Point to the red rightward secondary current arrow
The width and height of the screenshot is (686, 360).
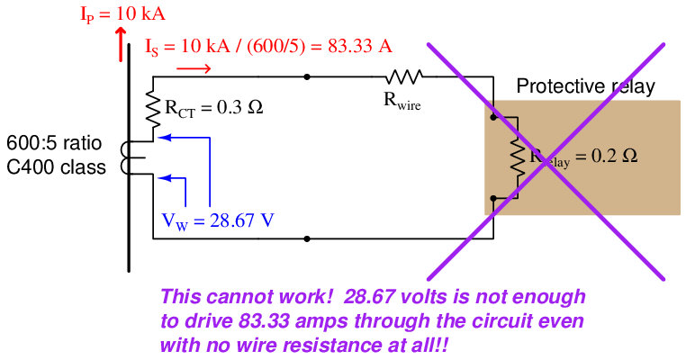(x=194, y=67)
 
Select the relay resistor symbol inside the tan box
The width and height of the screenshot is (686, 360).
(x=518, y=157)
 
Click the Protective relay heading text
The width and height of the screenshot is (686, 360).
(x=585, y=87)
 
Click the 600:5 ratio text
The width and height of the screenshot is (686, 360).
(x=55, y=144)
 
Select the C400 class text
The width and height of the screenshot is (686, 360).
(x=57, y=166)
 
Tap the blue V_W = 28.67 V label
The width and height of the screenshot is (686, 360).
(x=218, y=219)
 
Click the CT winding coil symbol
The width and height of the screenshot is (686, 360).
(x=137, y=158)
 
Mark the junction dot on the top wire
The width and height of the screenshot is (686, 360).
(x=308, y=77)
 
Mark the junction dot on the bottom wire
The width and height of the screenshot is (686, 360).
(x=308, y=239)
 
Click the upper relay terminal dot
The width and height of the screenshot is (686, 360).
(x=493, y=117)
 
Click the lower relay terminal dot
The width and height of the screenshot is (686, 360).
(x=493, y=197)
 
